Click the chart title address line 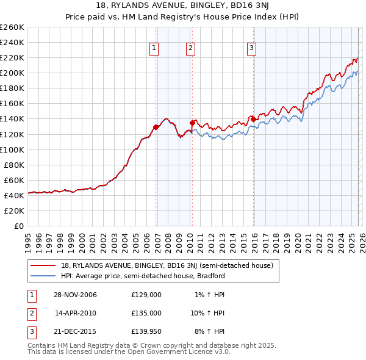pos(182,7)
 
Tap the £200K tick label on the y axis pos(12,73)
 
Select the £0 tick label pos(19,226)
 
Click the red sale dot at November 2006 pos(156,127)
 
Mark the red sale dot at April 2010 pos(193,123)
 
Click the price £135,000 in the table pos(146,313)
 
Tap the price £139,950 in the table pos(146,332)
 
